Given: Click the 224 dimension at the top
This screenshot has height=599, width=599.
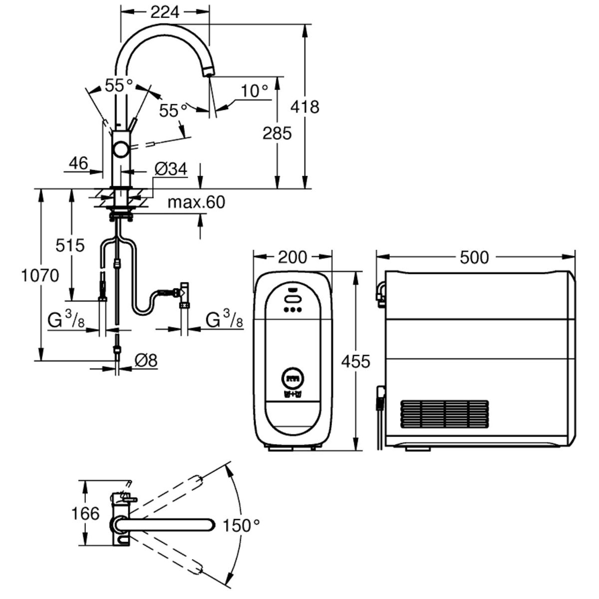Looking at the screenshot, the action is point(165,12).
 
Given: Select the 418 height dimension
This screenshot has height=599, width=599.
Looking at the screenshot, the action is point(304,107).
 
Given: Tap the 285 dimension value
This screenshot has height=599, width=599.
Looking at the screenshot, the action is point(277,133).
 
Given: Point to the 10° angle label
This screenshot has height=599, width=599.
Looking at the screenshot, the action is point(254,91).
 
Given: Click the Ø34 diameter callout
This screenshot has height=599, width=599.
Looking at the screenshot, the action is point(171,169).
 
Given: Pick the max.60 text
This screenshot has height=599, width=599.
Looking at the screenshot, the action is point(196,202).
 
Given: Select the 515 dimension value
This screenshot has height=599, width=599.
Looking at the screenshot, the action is point(70,245).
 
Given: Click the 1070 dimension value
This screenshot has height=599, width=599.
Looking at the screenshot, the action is point(40,276).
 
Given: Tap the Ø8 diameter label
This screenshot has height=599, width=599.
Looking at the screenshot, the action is point(146,360).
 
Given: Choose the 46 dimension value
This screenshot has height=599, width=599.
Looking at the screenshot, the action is point(79,163).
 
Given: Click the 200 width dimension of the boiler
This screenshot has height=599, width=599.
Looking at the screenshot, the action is point(293,257).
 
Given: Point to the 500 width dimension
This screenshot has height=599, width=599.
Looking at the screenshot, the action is point(474,257).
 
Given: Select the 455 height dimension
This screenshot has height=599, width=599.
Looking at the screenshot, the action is point(355,361).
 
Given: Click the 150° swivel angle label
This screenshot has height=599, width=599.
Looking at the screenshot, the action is point(241,525).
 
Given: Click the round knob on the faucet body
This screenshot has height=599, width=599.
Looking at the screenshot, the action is point(121,149).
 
